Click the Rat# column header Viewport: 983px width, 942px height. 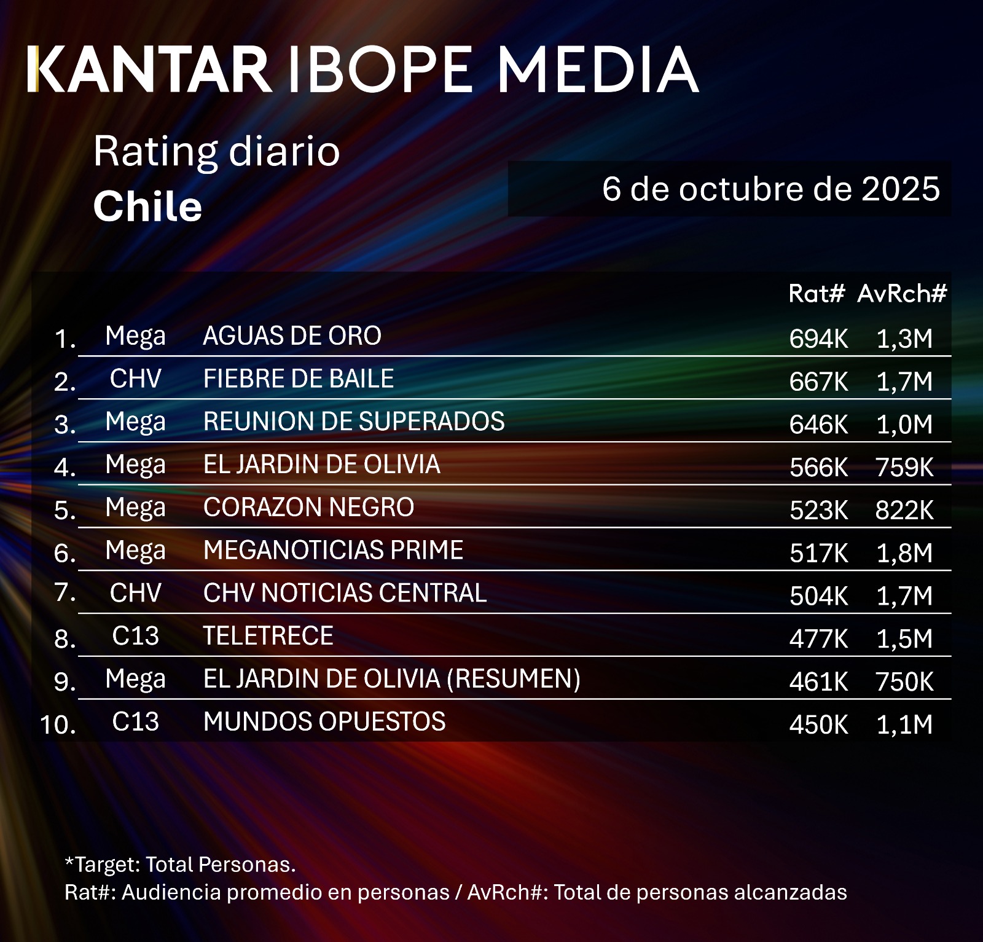click(817, 294)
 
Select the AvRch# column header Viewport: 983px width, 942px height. click(902, 294)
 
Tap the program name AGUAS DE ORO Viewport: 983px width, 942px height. click(292, 336)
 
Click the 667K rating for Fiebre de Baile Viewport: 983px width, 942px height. click(818, 382)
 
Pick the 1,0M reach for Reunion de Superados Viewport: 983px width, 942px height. click(904, 425)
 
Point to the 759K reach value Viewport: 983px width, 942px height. click(904, 468)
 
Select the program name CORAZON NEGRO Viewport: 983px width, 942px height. click(308, 508)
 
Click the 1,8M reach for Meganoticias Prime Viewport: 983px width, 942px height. click(904, 553)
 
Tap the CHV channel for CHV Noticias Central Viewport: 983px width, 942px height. click(135, 593)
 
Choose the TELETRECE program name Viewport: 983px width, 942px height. click(268, 636)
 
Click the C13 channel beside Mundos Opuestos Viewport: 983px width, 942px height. click(135, 721)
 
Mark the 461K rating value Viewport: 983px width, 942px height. click(818, 681)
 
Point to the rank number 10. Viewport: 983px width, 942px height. click(58, 724)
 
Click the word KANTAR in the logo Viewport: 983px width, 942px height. click(149, 69)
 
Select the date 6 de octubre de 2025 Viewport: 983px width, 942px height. click(770, 189)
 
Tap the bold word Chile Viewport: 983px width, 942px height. click(147, 206)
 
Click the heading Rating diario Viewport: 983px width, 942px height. click(216, 151)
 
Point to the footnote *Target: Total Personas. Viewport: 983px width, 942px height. click(180, 865)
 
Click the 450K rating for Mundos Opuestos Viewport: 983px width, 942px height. click(818, 724)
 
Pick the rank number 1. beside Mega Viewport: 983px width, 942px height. click(65, 339)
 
